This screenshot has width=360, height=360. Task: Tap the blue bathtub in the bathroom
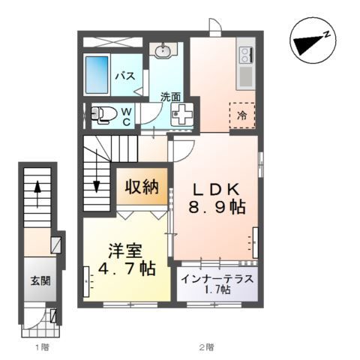pyautogui.click(x=97, y=75)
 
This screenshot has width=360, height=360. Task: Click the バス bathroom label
pyautogui.click(x=124, y=75)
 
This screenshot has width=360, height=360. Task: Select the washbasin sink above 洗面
pyautogui.click(x=163, y=51)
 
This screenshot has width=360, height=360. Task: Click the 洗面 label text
pyautogui.click(x=170, y=96)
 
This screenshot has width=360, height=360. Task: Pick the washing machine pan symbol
pyautogui.click(x=181, y=115)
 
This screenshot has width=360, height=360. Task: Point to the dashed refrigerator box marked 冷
pyautogui.click(x=242, y=115)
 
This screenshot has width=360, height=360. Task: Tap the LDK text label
pyautogui.click(x=217, y=190)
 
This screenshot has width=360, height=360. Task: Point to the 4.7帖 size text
pyautogui.click(x=121, y=268)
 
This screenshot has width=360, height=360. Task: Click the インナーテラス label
pyautogui.click(x=218, y=279)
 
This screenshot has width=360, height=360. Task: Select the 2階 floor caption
pyautogui.click(x=205, y=347)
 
